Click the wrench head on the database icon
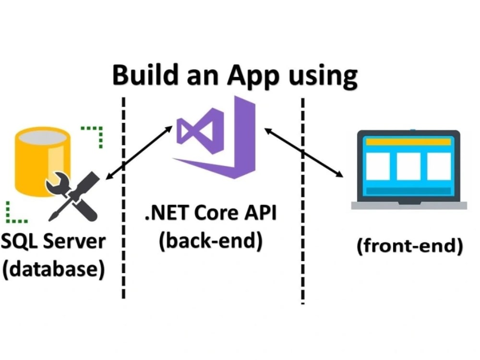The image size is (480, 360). coord(58,184)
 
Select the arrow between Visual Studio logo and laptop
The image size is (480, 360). coord(304,153)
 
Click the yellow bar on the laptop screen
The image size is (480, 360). coord(408,142)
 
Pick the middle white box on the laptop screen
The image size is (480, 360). coord(408,166)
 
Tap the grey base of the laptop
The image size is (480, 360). coord(409,205)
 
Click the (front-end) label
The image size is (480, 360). coord(410,246)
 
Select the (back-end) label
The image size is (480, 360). coord(211,241)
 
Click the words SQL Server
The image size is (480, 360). coord(53,241)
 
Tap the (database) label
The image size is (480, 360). coord(54,269)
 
